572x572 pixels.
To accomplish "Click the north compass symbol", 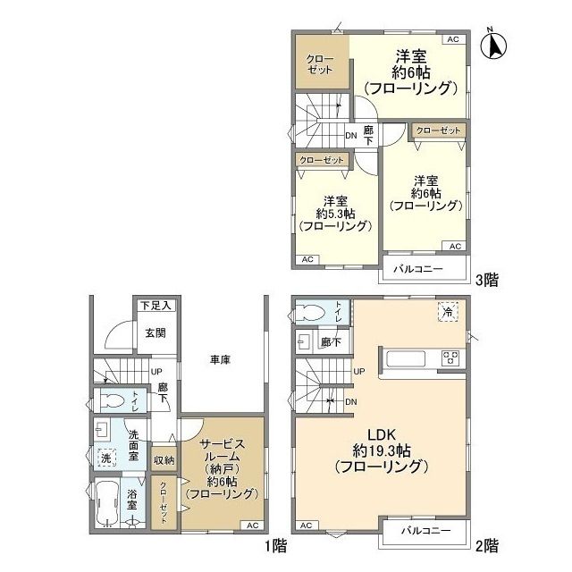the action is tap(493, 45).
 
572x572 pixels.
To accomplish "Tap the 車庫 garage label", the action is tap(220, 360).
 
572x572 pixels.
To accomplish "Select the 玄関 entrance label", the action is tap(156, 332).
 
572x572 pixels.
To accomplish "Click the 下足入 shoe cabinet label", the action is tap(156, 306).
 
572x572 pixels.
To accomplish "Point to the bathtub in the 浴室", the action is tap(106, 503).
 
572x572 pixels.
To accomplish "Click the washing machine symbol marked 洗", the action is tap(106, 458).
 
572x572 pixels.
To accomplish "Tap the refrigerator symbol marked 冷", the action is tap(448, 312).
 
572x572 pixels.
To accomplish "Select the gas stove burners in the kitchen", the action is tap(450, 357).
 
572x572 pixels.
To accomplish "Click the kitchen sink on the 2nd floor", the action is tap(406, 359).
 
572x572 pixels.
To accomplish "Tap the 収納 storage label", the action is tap(164, 460).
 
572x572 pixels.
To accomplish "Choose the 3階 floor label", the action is tap(487, 280).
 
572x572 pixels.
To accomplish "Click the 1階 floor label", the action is tap(276, 546).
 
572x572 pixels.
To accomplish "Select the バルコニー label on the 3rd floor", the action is tap(418, 269).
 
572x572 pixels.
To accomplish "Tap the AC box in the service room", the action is tap(252, 526).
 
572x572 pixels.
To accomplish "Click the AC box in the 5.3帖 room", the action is tap(307, 259).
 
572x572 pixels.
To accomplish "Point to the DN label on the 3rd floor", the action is tap(351, 136).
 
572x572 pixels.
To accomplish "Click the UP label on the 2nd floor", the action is tap(359, 372).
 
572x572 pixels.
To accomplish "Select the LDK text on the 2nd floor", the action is tap(382, 434).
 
